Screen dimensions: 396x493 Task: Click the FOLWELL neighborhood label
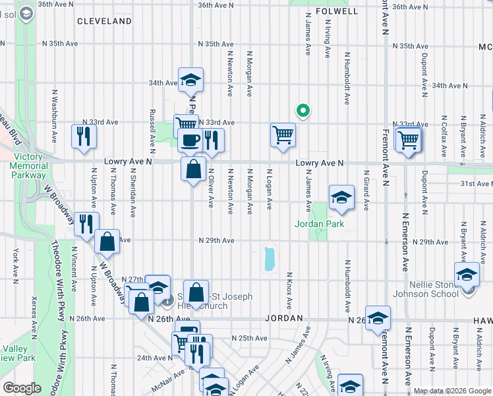tap(336, 11)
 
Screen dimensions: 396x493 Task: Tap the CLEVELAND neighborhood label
tap(104, 21)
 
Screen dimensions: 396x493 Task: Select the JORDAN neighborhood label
tap(283, 317)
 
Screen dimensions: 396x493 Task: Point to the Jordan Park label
tap(319, 224)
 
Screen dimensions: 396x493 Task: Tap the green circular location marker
tap(303, 111)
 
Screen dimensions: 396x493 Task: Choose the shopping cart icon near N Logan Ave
tap(283, 135)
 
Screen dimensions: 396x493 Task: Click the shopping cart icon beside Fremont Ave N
tap(409, 139)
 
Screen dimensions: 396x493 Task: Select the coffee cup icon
tap(190, 140)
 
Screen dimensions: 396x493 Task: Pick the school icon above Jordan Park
tap(341, 197)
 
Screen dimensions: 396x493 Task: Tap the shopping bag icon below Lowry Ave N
tap(192, 169)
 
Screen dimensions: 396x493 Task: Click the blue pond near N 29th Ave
tap(268, 259)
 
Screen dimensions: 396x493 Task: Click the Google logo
tap(21, 388)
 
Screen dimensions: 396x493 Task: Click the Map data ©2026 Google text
tap(451, 391)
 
